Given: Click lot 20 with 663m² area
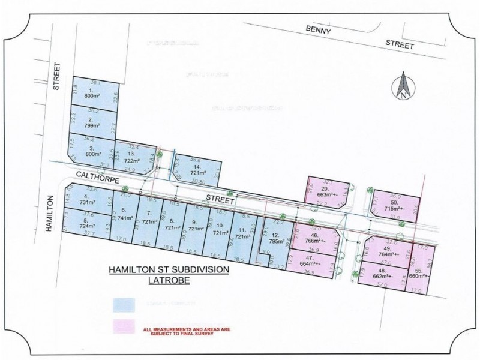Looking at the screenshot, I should [x=328, y=191].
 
